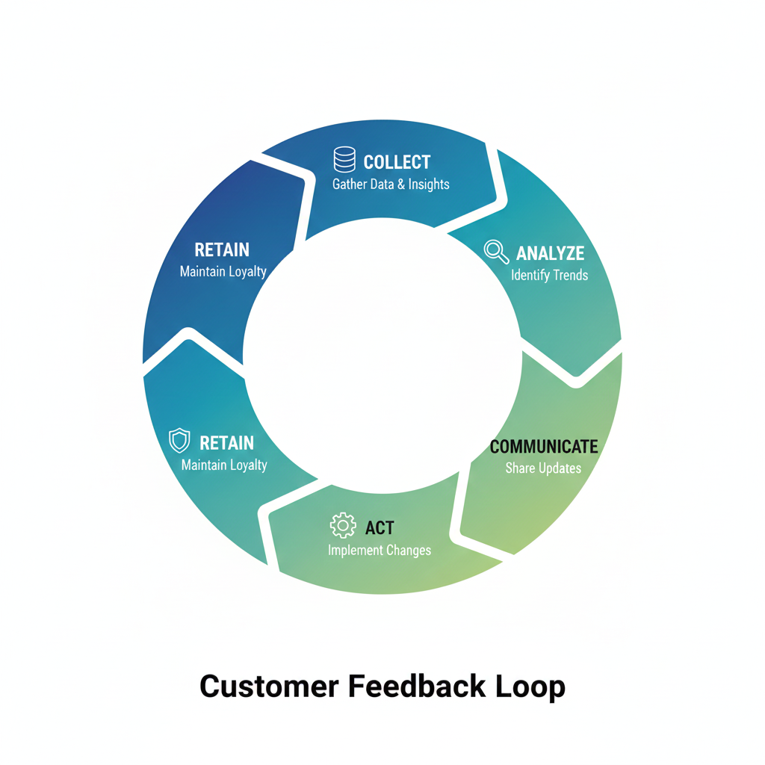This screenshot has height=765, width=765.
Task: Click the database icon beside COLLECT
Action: [344, 161]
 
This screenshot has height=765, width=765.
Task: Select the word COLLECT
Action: [397, 162]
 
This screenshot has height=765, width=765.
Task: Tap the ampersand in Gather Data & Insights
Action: [401, 184]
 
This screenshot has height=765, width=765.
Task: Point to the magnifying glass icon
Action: [496, 252]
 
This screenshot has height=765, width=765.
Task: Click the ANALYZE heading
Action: [550, 253]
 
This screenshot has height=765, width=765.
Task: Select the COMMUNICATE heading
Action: [544, 447]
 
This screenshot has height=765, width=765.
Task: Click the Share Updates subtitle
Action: [543, 468]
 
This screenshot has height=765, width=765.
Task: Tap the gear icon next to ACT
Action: [343, 526]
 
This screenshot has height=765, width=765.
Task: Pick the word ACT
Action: [380, 528]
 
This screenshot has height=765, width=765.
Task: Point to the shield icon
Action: [179, 441]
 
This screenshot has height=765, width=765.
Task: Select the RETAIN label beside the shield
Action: [226, 443]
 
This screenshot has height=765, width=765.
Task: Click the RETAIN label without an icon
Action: [222, 250]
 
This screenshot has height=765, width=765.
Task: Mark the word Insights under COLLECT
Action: [429, 184]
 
